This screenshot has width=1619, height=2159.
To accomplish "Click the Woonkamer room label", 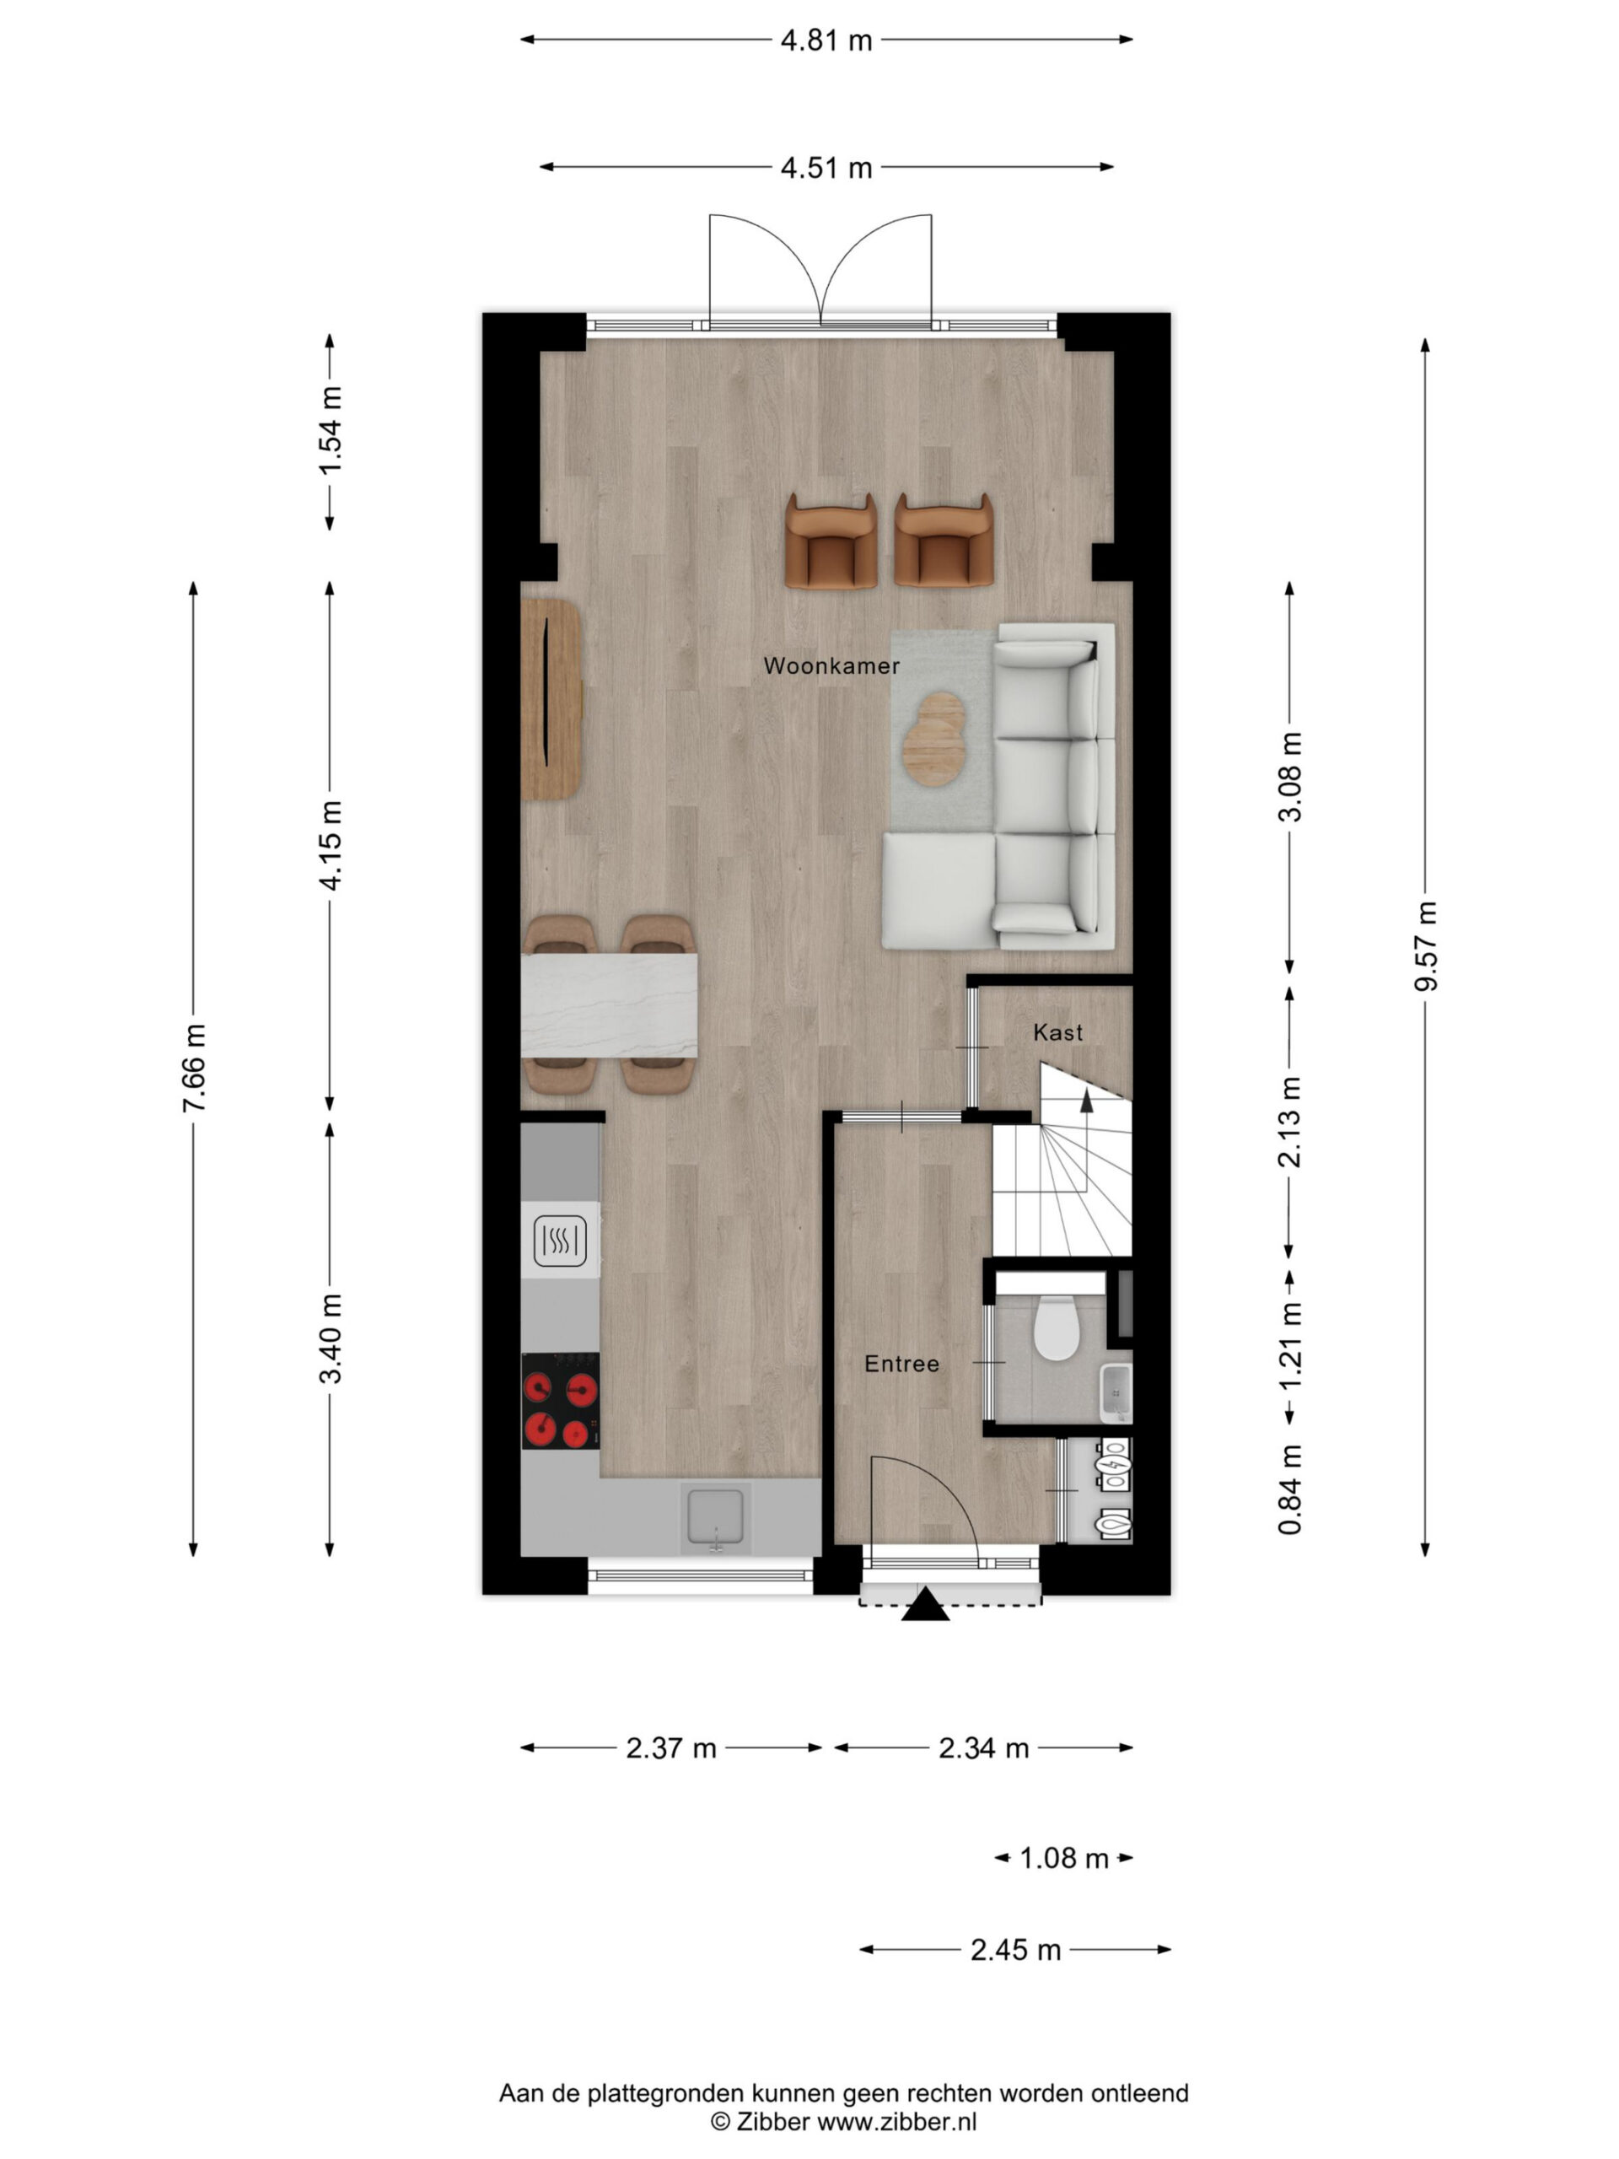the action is pos(831,665).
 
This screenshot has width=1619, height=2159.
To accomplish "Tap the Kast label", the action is pos(1058,1032).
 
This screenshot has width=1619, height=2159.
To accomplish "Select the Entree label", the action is pos(901,1364).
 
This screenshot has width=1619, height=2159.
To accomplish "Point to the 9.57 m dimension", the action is pos(1426,945).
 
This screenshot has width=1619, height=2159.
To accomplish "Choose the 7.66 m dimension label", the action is pos(194,1068).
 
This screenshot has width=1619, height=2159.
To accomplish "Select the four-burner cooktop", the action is pos(560,1401).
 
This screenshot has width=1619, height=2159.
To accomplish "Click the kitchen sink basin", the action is pos(716,1518).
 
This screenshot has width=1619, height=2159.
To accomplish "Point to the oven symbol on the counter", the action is pos(560,1241).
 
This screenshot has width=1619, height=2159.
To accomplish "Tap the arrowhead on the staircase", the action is pos(1086,1100).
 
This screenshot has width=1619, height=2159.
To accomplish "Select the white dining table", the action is pos(609,1005).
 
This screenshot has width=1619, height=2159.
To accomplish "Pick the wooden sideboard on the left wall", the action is pos(551,700).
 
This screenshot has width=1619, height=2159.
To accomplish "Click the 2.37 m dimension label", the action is pos(671,1747).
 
